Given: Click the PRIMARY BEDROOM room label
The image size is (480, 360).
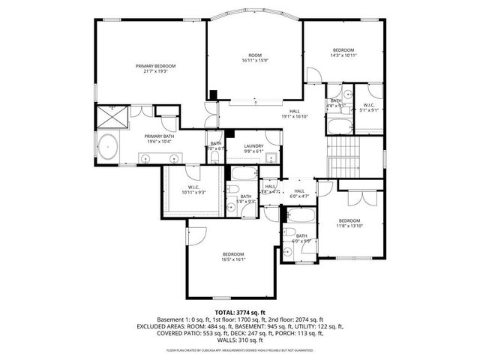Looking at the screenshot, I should tap(151, 66).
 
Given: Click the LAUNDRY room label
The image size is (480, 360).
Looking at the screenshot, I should tap(253, 146).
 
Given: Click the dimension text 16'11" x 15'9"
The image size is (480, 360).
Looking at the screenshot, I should tap(255, 61).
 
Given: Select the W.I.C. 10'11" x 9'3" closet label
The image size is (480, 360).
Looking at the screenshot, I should tap(193, 188).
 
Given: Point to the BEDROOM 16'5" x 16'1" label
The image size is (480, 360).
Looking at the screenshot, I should tap(233, 256).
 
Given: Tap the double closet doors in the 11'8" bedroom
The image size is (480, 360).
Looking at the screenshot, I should tap(361, 199).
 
